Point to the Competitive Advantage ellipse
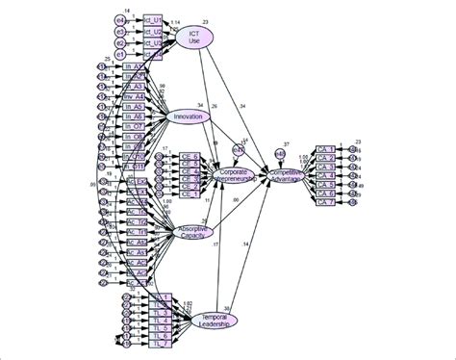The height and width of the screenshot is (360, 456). tap(293, 175)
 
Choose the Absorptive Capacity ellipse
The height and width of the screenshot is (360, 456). tap(192, 230)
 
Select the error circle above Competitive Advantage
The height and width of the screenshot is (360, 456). tap(279, 152)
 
